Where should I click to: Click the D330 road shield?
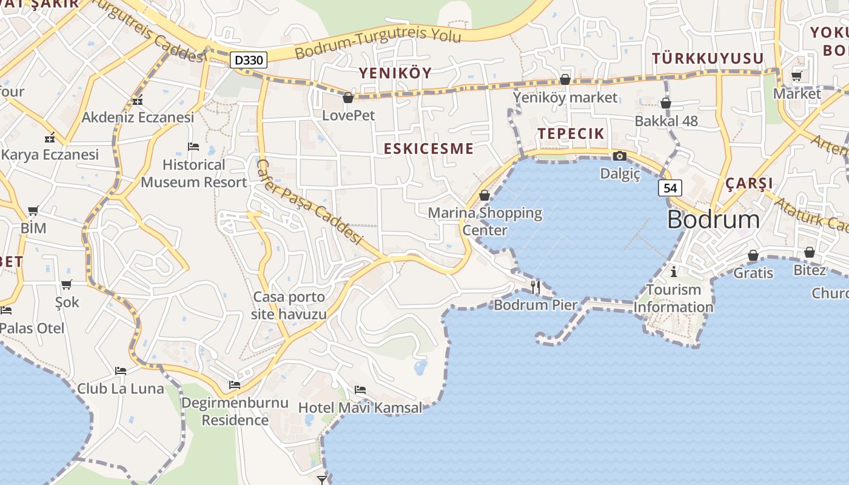click(249, 60)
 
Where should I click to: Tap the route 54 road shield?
click(670, 188)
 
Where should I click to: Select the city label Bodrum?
click(713, 219)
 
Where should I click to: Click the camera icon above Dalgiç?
click(619, 156)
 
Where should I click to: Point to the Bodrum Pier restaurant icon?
click(535, 287)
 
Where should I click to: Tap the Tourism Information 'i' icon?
click(673, 271)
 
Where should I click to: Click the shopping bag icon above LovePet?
click(348, 97)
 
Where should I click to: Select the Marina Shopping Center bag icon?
click(484, 195)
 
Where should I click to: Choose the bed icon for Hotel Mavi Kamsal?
click(360, 389)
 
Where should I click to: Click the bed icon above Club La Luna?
click(121, 370)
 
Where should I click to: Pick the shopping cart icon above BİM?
click(33, 210)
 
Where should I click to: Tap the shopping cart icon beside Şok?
click(67, 284)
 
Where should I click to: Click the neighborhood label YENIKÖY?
click(395, 73)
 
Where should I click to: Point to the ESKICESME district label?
click(428, 149)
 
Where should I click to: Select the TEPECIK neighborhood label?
click(571, 133)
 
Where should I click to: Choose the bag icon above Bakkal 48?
click(666, 103)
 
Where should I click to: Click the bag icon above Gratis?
click(753, 255)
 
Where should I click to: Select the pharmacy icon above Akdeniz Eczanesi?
click(138, 100)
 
